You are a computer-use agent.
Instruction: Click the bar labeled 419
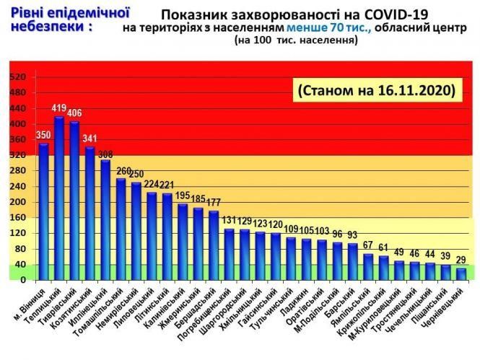click(59, 198)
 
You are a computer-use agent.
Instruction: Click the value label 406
click(74, 114)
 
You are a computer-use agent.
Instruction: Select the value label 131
click(230, 221)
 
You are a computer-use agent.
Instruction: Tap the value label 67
click(368, 245)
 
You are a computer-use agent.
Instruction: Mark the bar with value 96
click(337, 260)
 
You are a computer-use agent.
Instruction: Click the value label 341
click(90, 139)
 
